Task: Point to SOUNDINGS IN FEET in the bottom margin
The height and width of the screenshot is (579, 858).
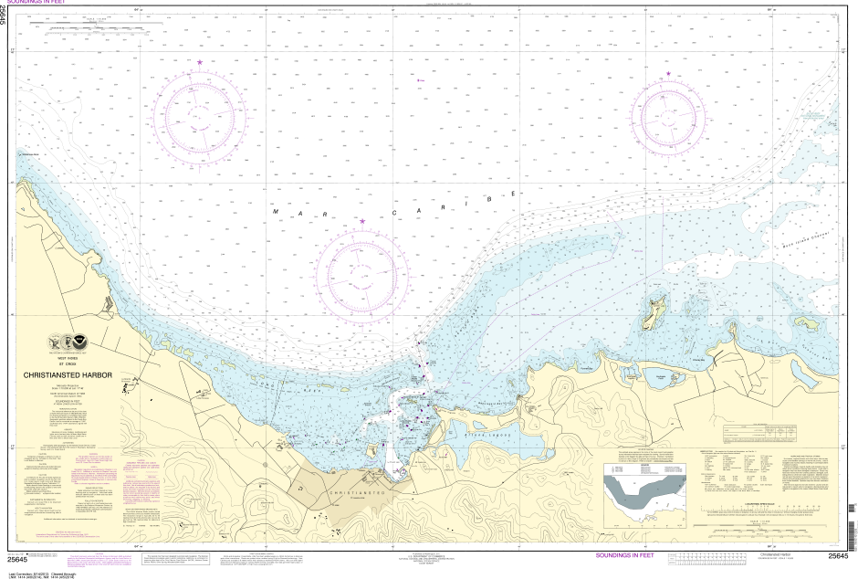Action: coord(624,554)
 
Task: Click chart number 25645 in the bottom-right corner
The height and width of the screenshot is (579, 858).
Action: coord(838,555)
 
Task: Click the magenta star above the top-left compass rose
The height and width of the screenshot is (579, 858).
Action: coord(200,62)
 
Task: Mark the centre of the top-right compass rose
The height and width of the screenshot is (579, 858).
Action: coord(668,117)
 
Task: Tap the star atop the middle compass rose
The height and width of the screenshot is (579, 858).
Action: coord(362,221)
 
